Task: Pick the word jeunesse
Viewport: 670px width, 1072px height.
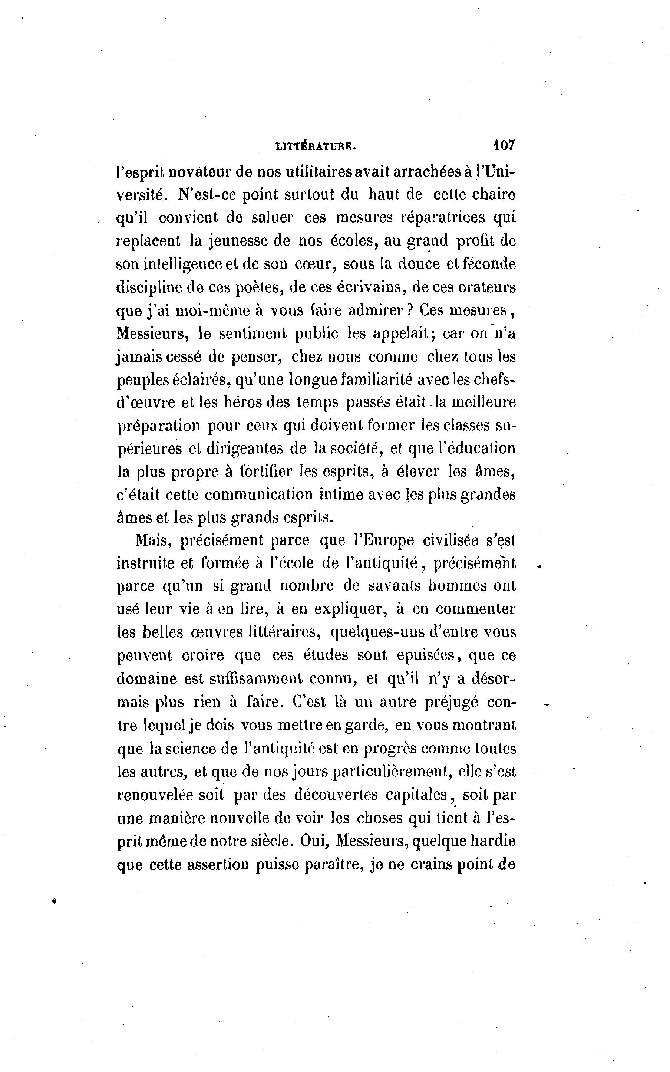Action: [x=237, y=241]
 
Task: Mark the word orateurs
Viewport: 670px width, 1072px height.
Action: [x=486, y=287]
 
